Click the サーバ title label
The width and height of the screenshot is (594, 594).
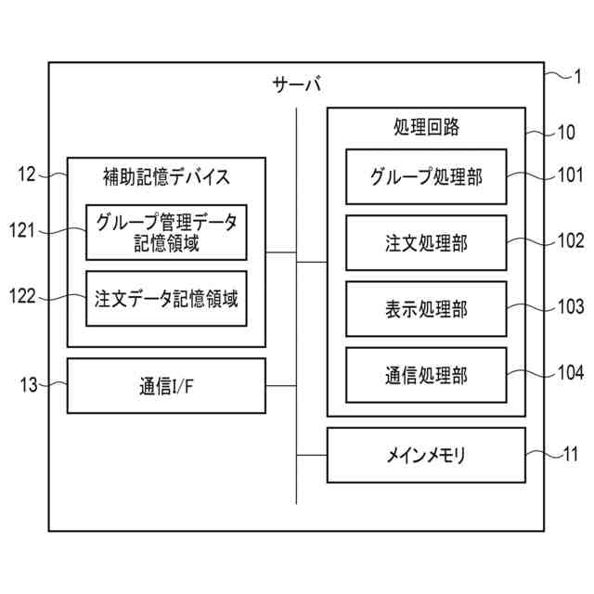tap(296, 86)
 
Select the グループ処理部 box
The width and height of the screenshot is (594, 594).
tap(426, 176)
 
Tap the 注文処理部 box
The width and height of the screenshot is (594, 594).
tap(426, 242)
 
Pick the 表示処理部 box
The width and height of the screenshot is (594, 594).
tap(426, 309)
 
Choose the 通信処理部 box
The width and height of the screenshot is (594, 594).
tap(426, 375)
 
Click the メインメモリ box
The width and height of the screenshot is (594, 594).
tap(426, 455)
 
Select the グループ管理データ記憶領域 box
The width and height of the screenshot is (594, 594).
tap(166, 232)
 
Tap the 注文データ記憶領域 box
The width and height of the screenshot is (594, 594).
tap(166, 299)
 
